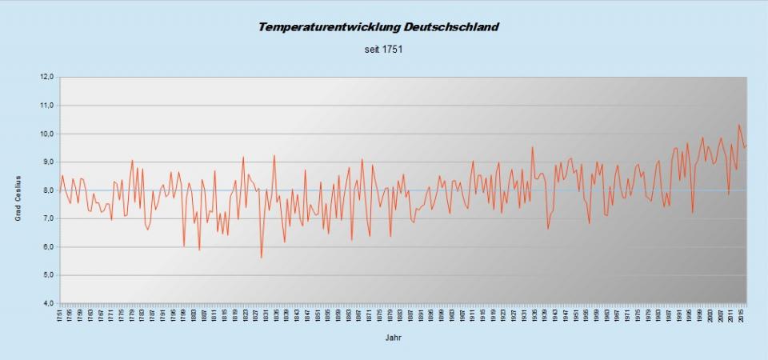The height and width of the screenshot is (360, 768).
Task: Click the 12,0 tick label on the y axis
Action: (46, 78)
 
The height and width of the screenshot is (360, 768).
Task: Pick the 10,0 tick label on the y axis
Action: (46, 134)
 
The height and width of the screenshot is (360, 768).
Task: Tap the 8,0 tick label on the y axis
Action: (46, 190)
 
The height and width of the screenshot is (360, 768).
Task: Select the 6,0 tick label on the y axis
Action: (46, 247)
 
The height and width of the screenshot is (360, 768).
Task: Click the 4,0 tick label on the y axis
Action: (46, 304)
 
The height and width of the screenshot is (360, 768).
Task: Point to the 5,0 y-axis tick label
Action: (46, 275)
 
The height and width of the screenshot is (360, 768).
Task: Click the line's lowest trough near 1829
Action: (262, 257)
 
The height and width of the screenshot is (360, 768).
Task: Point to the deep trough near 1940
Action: (548, 229)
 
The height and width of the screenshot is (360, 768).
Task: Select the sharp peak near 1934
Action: (532, 146)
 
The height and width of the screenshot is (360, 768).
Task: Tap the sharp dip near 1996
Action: (692, 213)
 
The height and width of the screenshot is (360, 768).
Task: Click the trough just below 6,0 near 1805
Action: (199, 250)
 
